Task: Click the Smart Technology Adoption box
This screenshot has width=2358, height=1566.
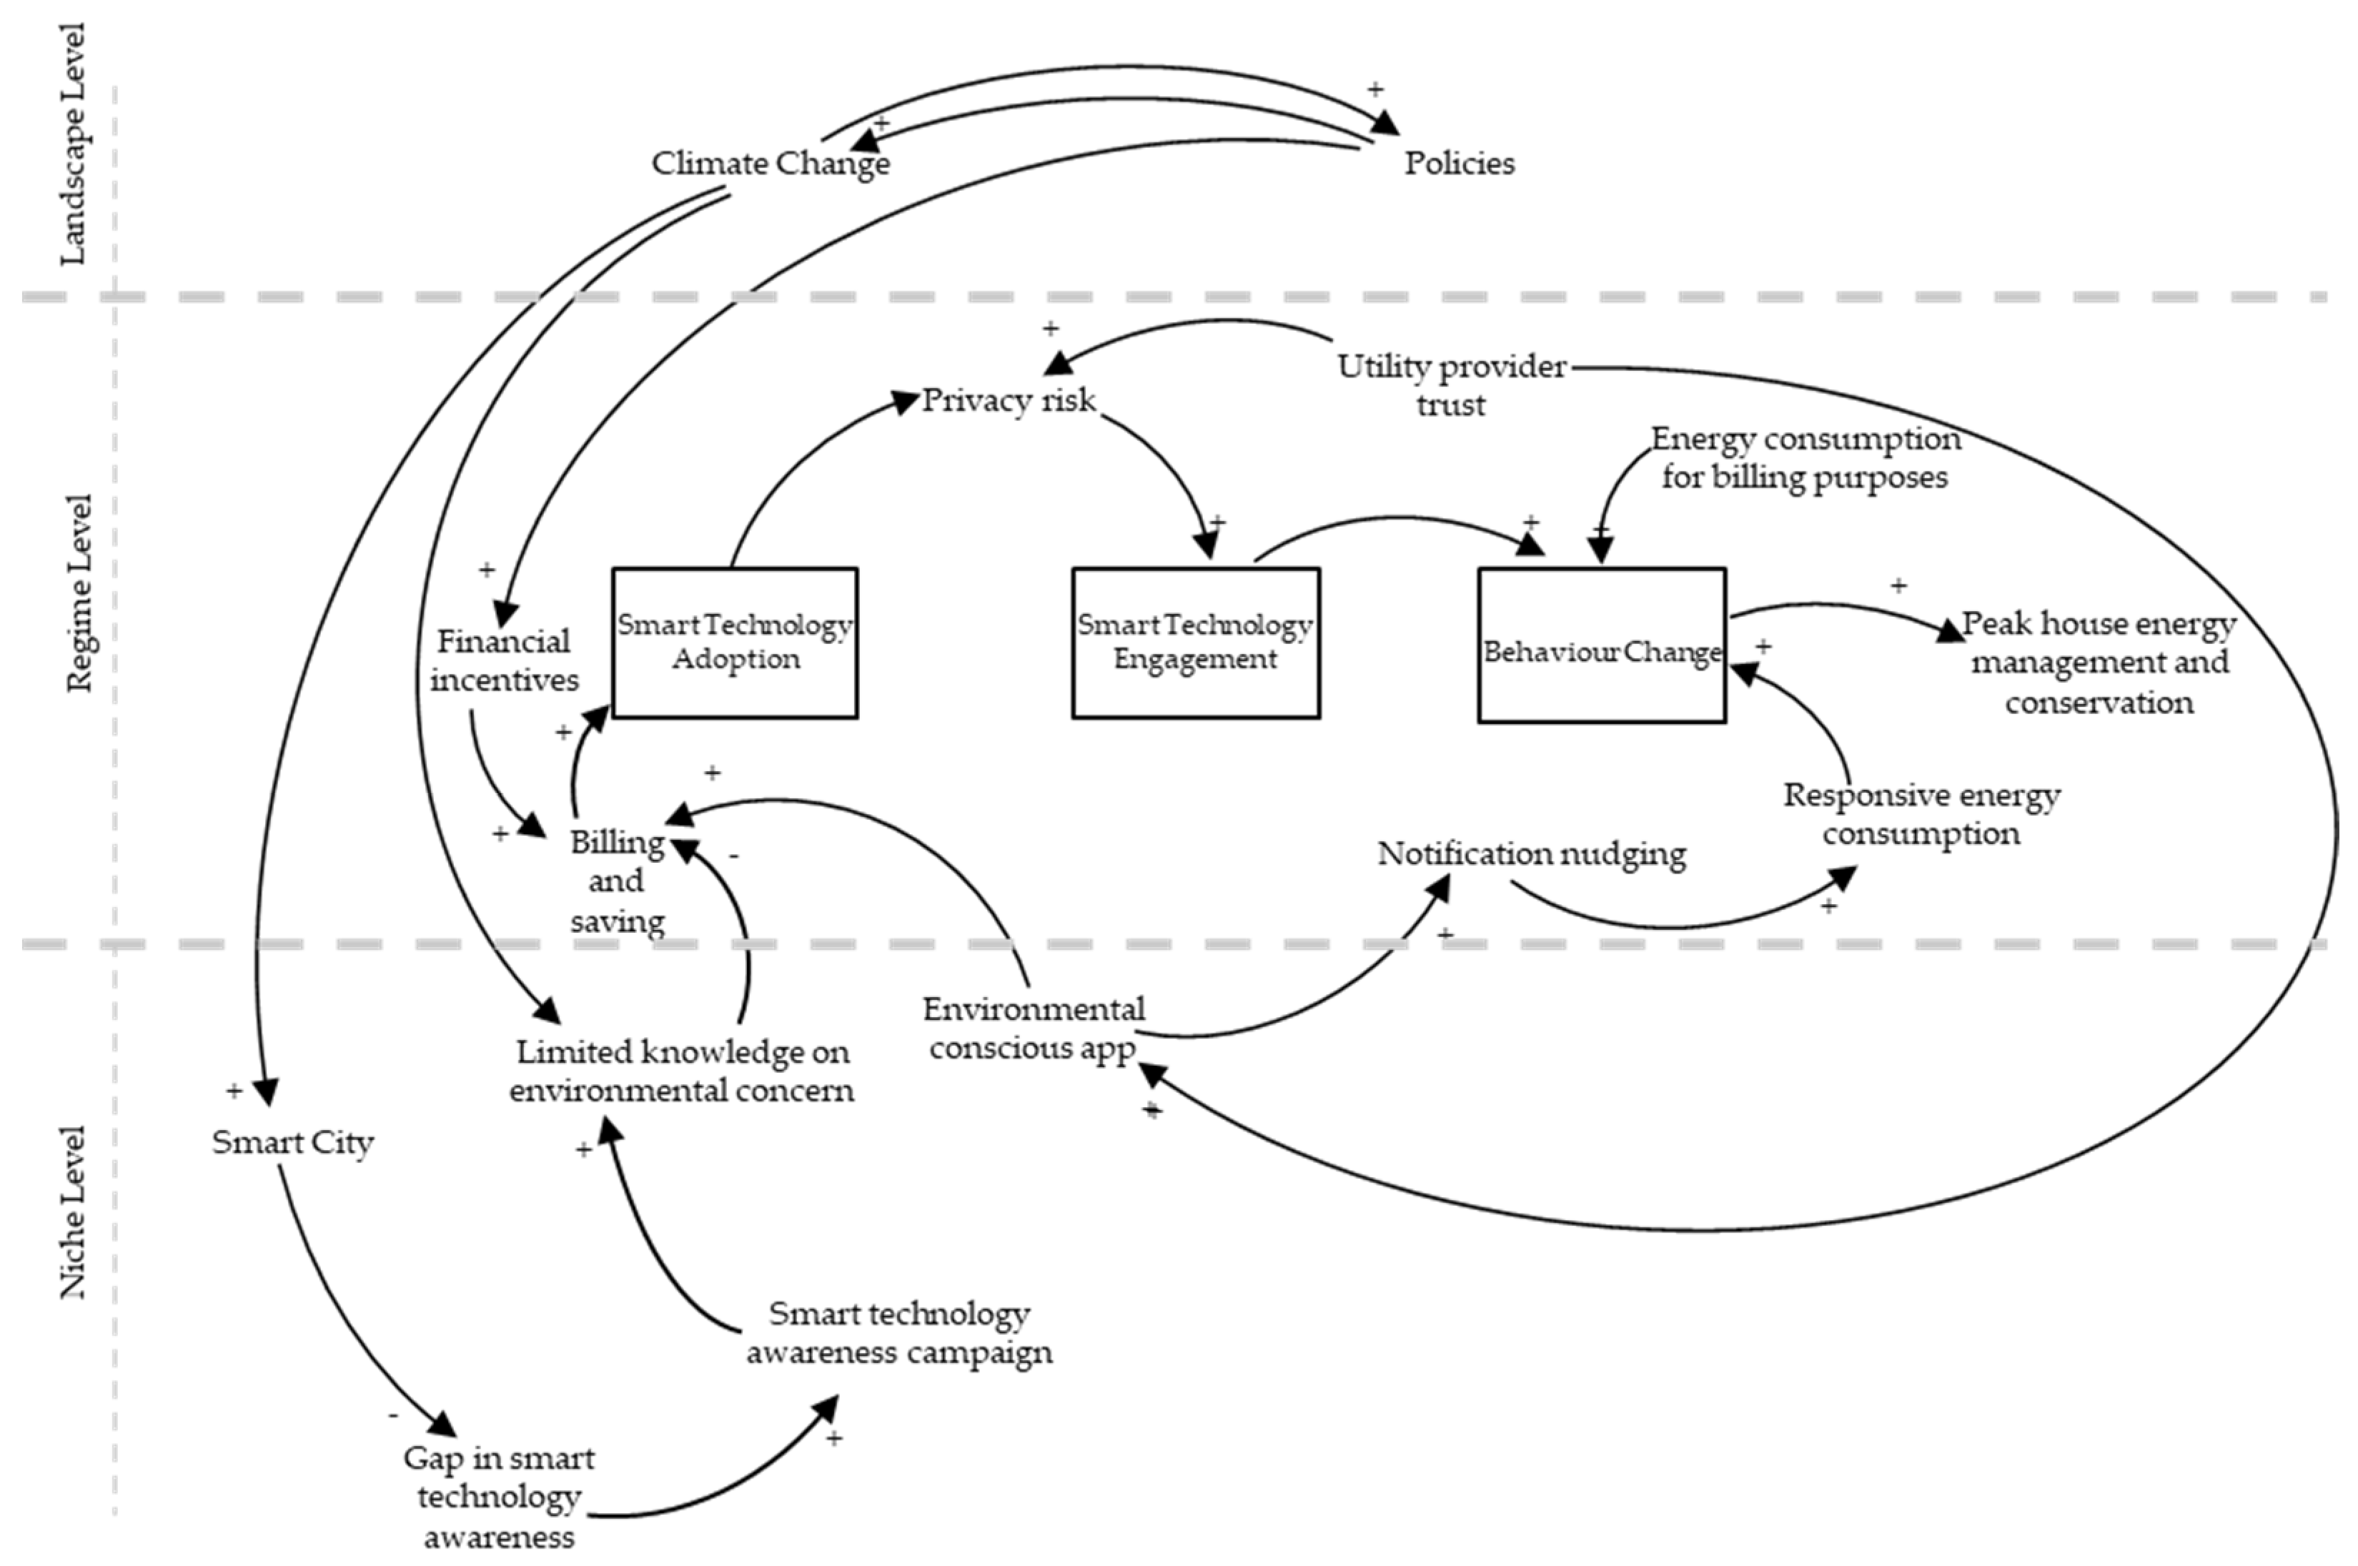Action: pyautogui.click(x=734, y=642)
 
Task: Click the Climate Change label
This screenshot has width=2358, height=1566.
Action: pyautogui.click(x=770, y=163)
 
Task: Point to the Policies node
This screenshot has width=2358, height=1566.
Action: pyautogui.click(x=1459, y=163)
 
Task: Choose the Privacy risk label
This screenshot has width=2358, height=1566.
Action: pyautogui.click(x=1008, y=400)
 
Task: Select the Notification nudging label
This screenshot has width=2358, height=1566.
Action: pyautogui.click(x=1531, y=854)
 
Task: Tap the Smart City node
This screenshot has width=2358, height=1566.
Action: pyautogui.click(x=292, y=1141)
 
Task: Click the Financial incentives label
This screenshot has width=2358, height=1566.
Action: pyautogui.click(x=505, y=660)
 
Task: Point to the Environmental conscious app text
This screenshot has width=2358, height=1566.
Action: pyautogui.click(x=1033, y=1029)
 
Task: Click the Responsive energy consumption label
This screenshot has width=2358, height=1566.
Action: pyautogui.click(x=1921, y=814)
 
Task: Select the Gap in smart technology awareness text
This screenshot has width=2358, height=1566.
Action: pyautogui.click(x=498, y=1496)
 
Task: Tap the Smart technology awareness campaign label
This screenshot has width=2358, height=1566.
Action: pyautogui.click(x=899, y=1332)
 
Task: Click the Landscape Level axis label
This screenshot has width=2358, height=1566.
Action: pyautogui.click(x=73, y=145)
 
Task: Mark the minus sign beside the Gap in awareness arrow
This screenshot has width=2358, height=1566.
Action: pyautogui.click(x=394, y=1415)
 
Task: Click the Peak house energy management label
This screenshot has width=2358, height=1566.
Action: pyautogui.click(x=2099, y=662)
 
